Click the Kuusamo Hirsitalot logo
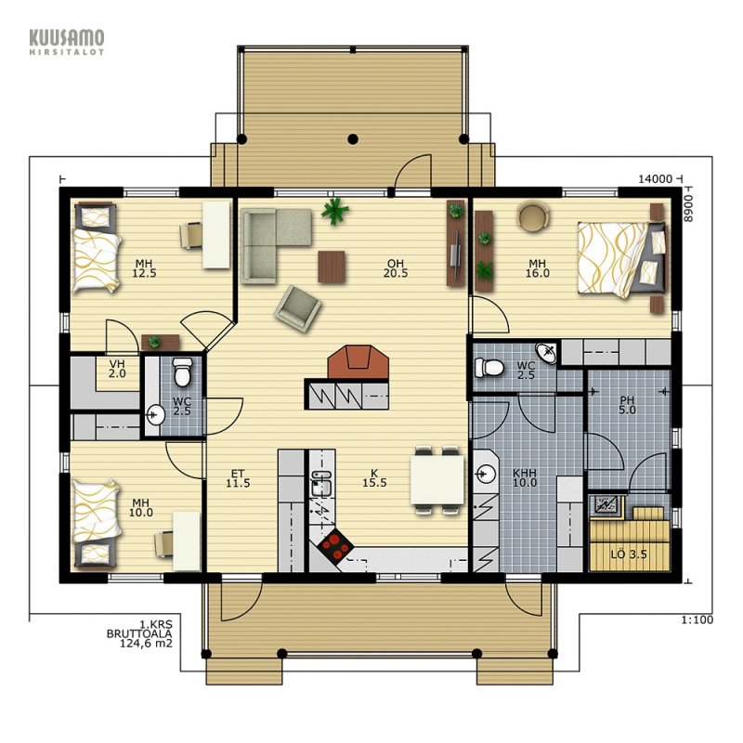point(67,43)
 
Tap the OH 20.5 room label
point(397,268)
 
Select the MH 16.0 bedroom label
point(538,268)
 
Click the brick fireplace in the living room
point(358,362)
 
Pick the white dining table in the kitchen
point(437,479)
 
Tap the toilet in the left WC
point(182,372)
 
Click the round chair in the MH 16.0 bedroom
point(534,216)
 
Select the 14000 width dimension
point(656,179)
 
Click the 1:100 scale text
point(697,619)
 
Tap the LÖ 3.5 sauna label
point(629,554)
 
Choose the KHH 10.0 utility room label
point(525,478)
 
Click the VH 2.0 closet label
point(117,369)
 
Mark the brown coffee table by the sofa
point(332,267)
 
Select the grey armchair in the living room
point(297,309)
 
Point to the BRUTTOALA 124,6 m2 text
point(140,639)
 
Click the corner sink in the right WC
point(546,354)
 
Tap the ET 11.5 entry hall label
point(238,478)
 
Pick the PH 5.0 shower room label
point(628,406)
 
